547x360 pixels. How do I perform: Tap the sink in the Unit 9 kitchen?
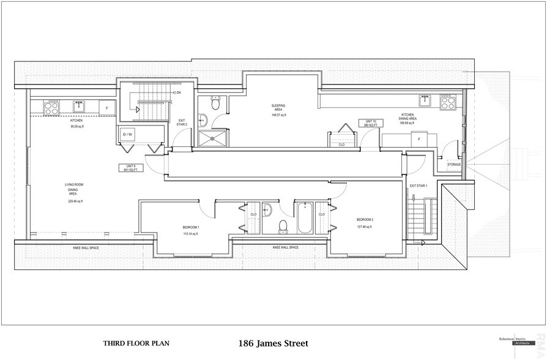click(x=79, y=107)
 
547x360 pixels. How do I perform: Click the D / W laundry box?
click(x=128, y=134)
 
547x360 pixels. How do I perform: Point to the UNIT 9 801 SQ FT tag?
click(x=131, y=168)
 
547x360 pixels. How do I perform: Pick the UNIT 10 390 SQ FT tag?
click(x=370, y=123)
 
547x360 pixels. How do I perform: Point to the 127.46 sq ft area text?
click(x=365, y=227)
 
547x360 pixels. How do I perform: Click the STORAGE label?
click(x=454, y=164)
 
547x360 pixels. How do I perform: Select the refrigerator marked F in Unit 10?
click(x=419, y=139)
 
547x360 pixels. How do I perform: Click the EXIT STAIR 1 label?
click(x=419, y=186)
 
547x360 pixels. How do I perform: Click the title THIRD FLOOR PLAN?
click(x=136, y=344)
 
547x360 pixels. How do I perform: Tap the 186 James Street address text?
click(x=273, y=343)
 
